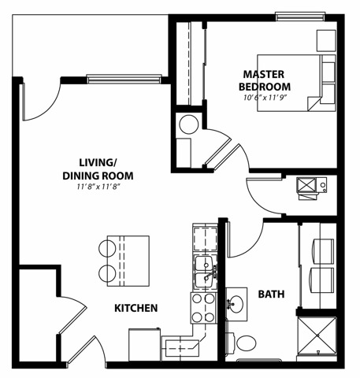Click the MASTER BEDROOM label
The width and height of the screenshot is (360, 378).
point(265,80)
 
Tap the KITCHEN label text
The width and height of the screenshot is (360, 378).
point(136,308)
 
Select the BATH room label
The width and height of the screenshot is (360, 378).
point(271,295)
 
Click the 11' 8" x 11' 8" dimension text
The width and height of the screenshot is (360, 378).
point(98,187)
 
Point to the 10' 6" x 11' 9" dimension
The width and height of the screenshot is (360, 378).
point(265,98)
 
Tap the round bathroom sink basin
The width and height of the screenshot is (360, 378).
point(236,304)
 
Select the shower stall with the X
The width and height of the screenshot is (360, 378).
point(317,335)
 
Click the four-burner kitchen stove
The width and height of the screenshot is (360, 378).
point(203,308)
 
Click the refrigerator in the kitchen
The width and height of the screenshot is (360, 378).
point(145,344)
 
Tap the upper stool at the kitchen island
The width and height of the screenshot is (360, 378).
point(107,248)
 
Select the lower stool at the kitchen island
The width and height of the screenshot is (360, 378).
point(107,273)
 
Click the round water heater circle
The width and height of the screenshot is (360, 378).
point(189,124)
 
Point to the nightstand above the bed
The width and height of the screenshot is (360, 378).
point(326,41)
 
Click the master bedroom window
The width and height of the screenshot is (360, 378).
point(301,17)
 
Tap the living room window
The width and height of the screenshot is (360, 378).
point(124,79)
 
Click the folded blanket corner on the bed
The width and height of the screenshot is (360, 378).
point(314,103)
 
